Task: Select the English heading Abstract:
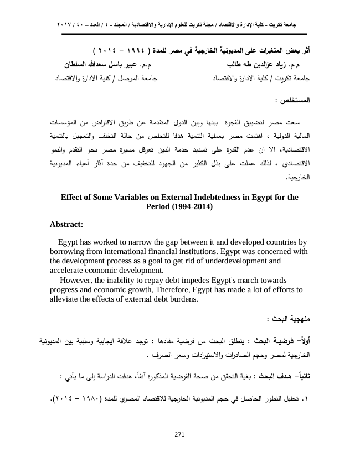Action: [x=66, y=224]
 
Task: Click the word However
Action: [x=79, y=279]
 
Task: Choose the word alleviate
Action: [x=66, y=298]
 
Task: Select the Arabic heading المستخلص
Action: [x=292, y=102]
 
